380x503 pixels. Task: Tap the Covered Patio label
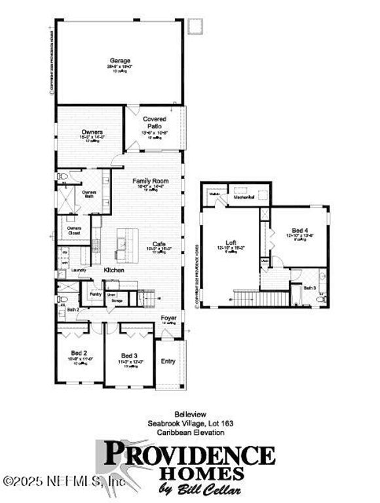pyautogui.click(x=155, y=122)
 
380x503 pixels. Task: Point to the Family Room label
pyautogui.click(x=150, y=181)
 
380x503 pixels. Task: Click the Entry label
pyautogui.click(x=168, y=361)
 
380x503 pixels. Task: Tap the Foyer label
pyautogui.click(x=168, y=319)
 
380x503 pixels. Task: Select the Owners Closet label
pyautogui.click(x=74, y=230)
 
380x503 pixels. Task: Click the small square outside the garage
pyautogui.click(x=195, y=26)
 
